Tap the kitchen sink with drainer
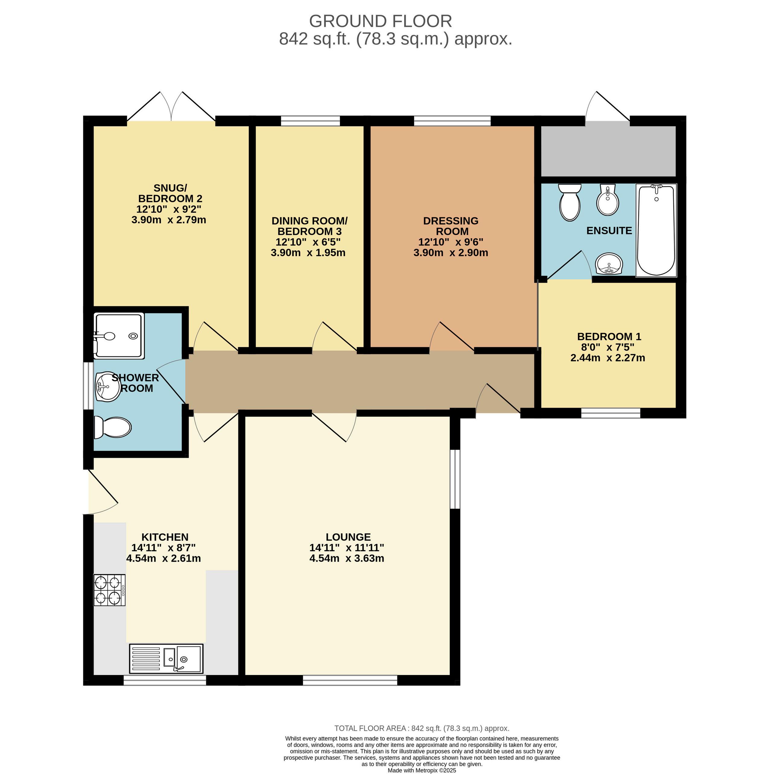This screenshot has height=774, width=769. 166,658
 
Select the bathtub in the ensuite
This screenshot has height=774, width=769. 656,230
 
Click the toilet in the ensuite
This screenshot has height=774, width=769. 570,202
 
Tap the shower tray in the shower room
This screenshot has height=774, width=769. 118,336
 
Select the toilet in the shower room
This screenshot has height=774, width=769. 112,427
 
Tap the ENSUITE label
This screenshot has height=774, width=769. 609,230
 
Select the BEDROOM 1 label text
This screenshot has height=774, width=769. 609,337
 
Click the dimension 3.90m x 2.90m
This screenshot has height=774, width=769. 451,253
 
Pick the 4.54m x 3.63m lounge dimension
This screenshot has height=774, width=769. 347,558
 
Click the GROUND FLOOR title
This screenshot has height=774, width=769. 380,21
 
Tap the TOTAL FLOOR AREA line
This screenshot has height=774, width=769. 421,728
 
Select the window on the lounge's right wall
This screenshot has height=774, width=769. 455,479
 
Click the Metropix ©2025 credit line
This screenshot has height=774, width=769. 421,770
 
